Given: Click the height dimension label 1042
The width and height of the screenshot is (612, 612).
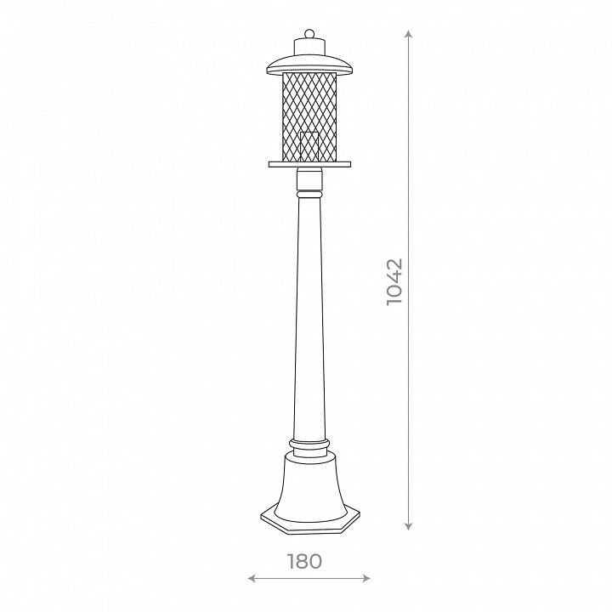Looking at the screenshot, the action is [x=394, y=281].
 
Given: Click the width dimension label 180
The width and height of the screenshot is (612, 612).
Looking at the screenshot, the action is [x=305, y=561].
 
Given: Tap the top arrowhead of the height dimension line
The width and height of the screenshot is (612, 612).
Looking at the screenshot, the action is [x=408, y=33].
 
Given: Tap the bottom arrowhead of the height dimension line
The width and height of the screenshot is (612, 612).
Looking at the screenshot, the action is [x=408, y=526].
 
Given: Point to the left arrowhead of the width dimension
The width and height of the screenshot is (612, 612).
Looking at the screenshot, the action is [x=252, y=578].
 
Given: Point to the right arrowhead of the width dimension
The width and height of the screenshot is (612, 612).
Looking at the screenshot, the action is [x=366, y=578].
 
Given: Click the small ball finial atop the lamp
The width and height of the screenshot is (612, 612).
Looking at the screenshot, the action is [x=309, y=33].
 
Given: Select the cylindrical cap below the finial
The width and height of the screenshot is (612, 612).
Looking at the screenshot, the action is [x=309, y=47].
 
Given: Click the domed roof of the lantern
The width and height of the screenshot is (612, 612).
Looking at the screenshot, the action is [x=309, y=64].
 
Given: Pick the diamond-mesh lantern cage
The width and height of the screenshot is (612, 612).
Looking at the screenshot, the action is [x=309, y=116].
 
